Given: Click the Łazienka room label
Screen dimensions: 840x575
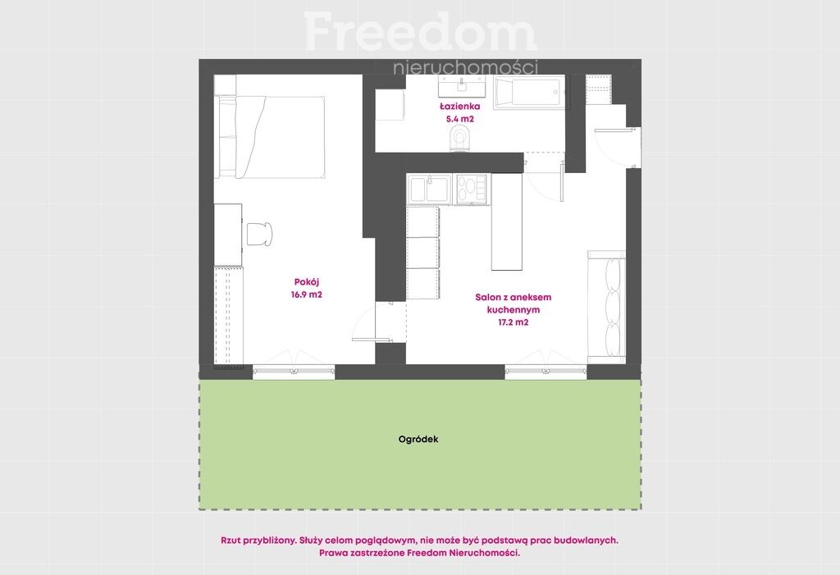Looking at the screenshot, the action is [x=459, y=106].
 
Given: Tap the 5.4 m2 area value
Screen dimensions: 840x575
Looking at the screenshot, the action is [x=459, y=119].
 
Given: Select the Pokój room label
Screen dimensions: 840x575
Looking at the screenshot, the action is [x=307, y=282].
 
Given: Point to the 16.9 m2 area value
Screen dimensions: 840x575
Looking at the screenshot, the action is [x=307, y=294].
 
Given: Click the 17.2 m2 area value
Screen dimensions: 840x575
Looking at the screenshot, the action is [x=514, y=322].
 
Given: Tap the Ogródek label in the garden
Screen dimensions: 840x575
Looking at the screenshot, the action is [x=418, y=439].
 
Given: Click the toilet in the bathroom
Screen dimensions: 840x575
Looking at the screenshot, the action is [x=460, y=138].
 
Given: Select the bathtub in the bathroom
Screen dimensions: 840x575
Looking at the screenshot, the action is [x=529, y=92].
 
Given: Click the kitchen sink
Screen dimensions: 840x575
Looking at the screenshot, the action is [x=429, y=189].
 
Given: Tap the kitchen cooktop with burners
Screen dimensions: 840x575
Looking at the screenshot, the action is [x=471, y=189].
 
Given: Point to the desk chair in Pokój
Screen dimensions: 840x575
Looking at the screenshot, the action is [x=260, y=234].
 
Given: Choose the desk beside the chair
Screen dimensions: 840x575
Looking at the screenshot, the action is [x=228, y=234].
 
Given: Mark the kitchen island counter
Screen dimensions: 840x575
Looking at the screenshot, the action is [x=507, y=221].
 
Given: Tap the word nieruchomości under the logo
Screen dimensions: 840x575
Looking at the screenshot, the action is [x=465, y=67].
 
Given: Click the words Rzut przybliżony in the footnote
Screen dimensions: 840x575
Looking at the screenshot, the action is [x=258, y=541].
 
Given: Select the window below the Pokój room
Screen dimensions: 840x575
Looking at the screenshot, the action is [x=294, y=371].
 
